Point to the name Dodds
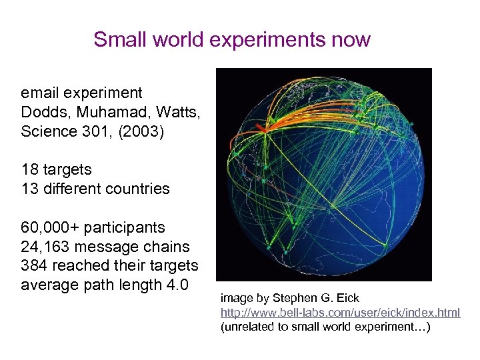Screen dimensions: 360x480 tap(43, 112)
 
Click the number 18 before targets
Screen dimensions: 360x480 tap(29, 169)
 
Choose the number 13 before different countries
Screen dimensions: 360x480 tap(29, 189)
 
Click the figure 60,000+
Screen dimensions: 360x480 tap(49, 227)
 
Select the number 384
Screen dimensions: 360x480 tap(34, 265)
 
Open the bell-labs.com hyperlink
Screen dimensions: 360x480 tap(340, 313)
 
